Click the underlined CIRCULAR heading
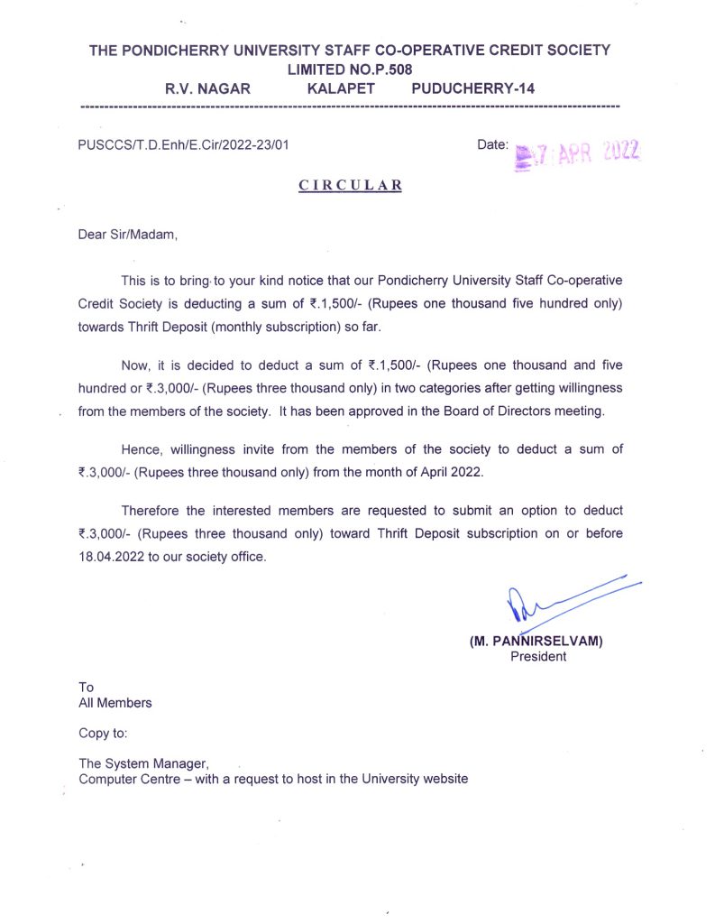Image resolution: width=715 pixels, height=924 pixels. (x=350, y=185)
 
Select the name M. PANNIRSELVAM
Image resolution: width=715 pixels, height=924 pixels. (x=536, y=642)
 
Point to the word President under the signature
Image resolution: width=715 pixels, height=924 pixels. (x=538, y=656)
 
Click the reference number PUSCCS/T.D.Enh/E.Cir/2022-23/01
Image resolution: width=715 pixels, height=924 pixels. (x=183, y=144)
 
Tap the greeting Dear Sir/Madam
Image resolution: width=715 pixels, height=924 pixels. (x=128, y=236)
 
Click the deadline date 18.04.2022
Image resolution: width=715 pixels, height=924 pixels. (x=112, y=556)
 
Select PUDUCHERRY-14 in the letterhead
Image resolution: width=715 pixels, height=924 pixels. (x=472, y=88)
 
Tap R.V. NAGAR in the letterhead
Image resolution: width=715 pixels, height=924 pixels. (x=207, y=88)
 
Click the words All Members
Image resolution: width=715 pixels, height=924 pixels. (x=115, y=702)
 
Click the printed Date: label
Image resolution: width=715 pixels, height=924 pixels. (x=492, y=144)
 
